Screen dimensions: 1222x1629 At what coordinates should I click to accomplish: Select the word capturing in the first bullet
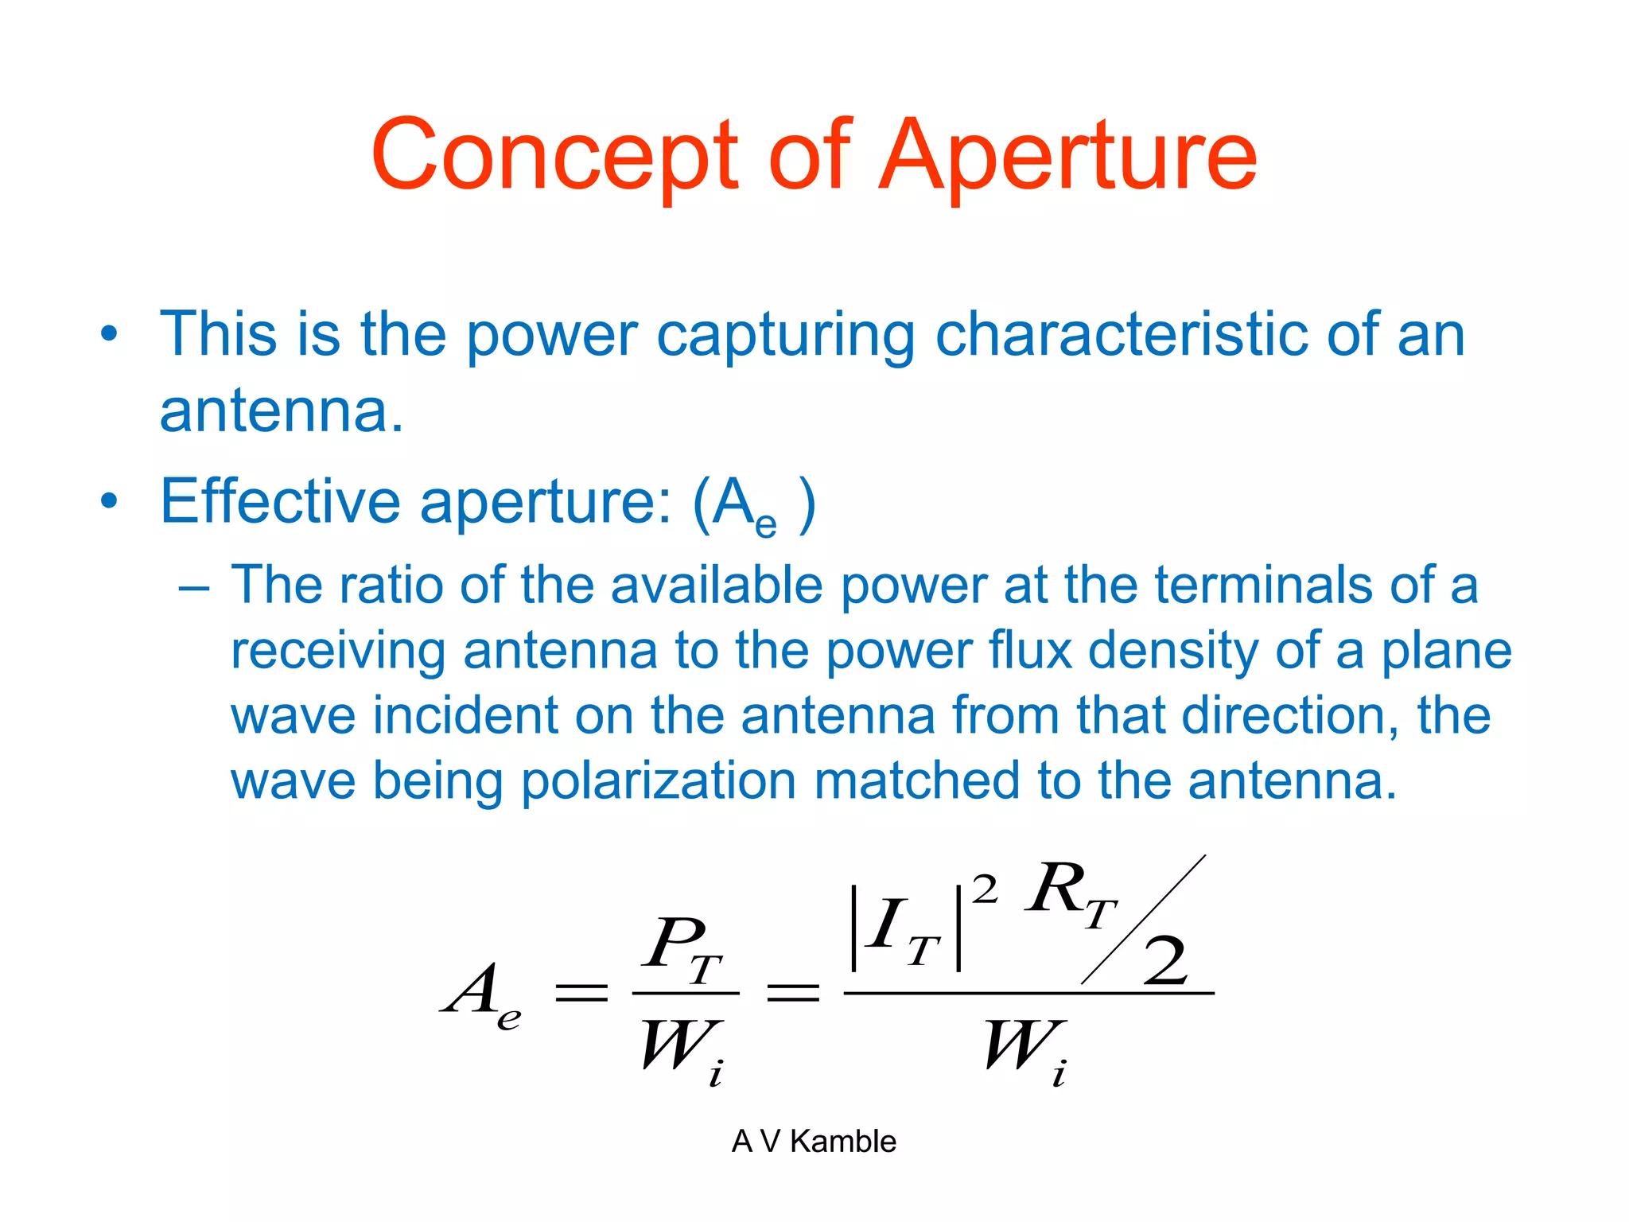click(786, 336)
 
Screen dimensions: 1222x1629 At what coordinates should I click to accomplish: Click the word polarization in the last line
click(659, 781)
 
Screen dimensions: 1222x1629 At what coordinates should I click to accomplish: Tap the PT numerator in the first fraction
click(682, 948)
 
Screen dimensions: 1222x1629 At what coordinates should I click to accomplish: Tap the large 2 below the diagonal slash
click(1166, 961)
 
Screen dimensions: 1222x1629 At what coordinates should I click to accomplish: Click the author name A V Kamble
click(814, 1141)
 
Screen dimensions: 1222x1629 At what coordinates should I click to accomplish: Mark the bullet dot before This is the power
click(110, 334)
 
